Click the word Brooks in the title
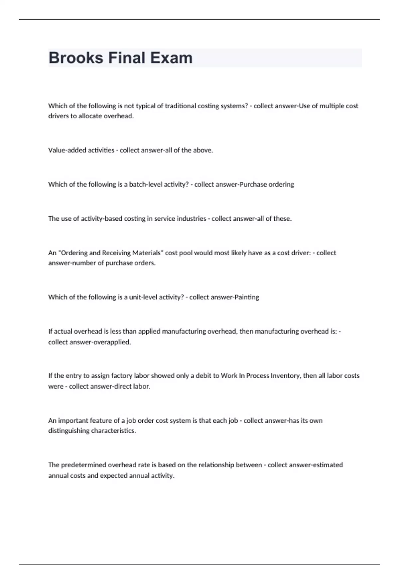coord(76,58)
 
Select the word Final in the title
coord(127,58)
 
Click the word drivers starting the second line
coord(58,116)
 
